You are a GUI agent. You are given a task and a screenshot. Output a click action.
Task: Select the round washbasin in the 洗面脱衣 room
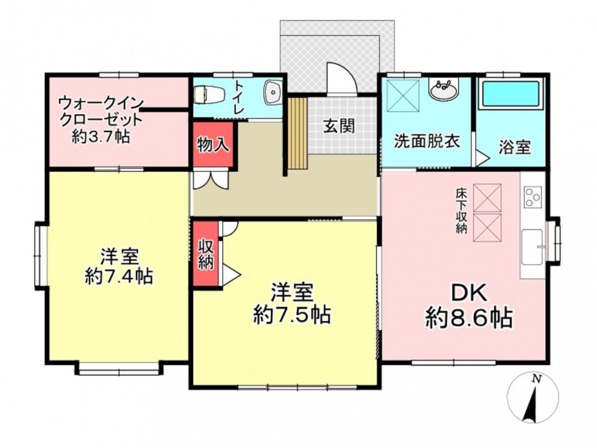pos(444,91)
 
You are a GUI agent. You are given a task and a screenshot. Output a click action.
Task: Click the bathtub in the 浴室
pos(511,94)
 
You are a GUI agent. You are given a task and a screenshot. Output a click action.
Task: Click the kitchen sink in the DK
pos(532,247)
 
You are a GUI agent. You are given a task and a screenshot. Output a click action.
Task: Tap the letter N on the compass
pos(537,379)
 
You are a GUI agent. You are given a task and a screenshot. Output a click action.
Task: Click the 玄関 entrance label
pos(339,125)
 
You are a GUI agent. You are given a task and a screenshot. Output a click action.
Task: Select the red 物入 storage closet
pos(213,145)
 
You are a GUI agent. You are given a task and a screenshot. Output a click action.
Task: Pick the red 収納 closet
pos(205,253)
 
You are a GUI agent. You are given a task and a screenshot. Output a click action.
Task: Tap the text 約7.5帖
pos(292,314)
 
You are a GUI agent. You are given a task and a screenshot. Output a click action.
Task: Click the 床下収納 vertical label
pos(461,211)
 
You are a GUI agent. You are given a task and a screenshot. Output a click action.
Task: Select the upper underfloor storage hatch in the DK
pos(487,198)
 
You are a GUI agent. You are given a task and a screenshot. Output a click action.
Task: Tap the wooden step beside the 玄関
pos(297,133)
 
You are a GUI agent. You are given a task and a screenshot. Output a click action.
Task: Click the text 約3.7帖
pos(101,136)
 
